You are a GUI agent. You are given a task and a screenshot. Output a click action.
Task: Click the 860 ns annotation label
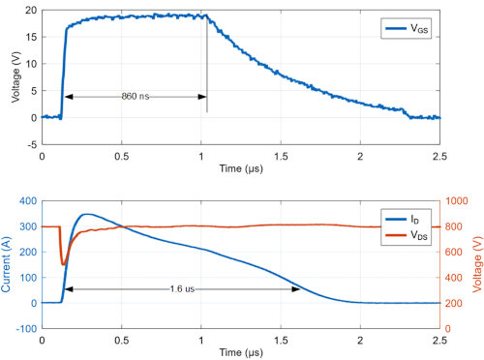coord(135,97)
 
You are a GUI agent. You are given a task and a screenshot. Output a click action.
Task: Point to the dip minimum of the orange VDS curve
coord(64,263)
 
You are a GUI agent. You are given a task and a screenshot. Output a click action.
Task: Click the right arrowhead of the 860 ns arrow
coord(203,97)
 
